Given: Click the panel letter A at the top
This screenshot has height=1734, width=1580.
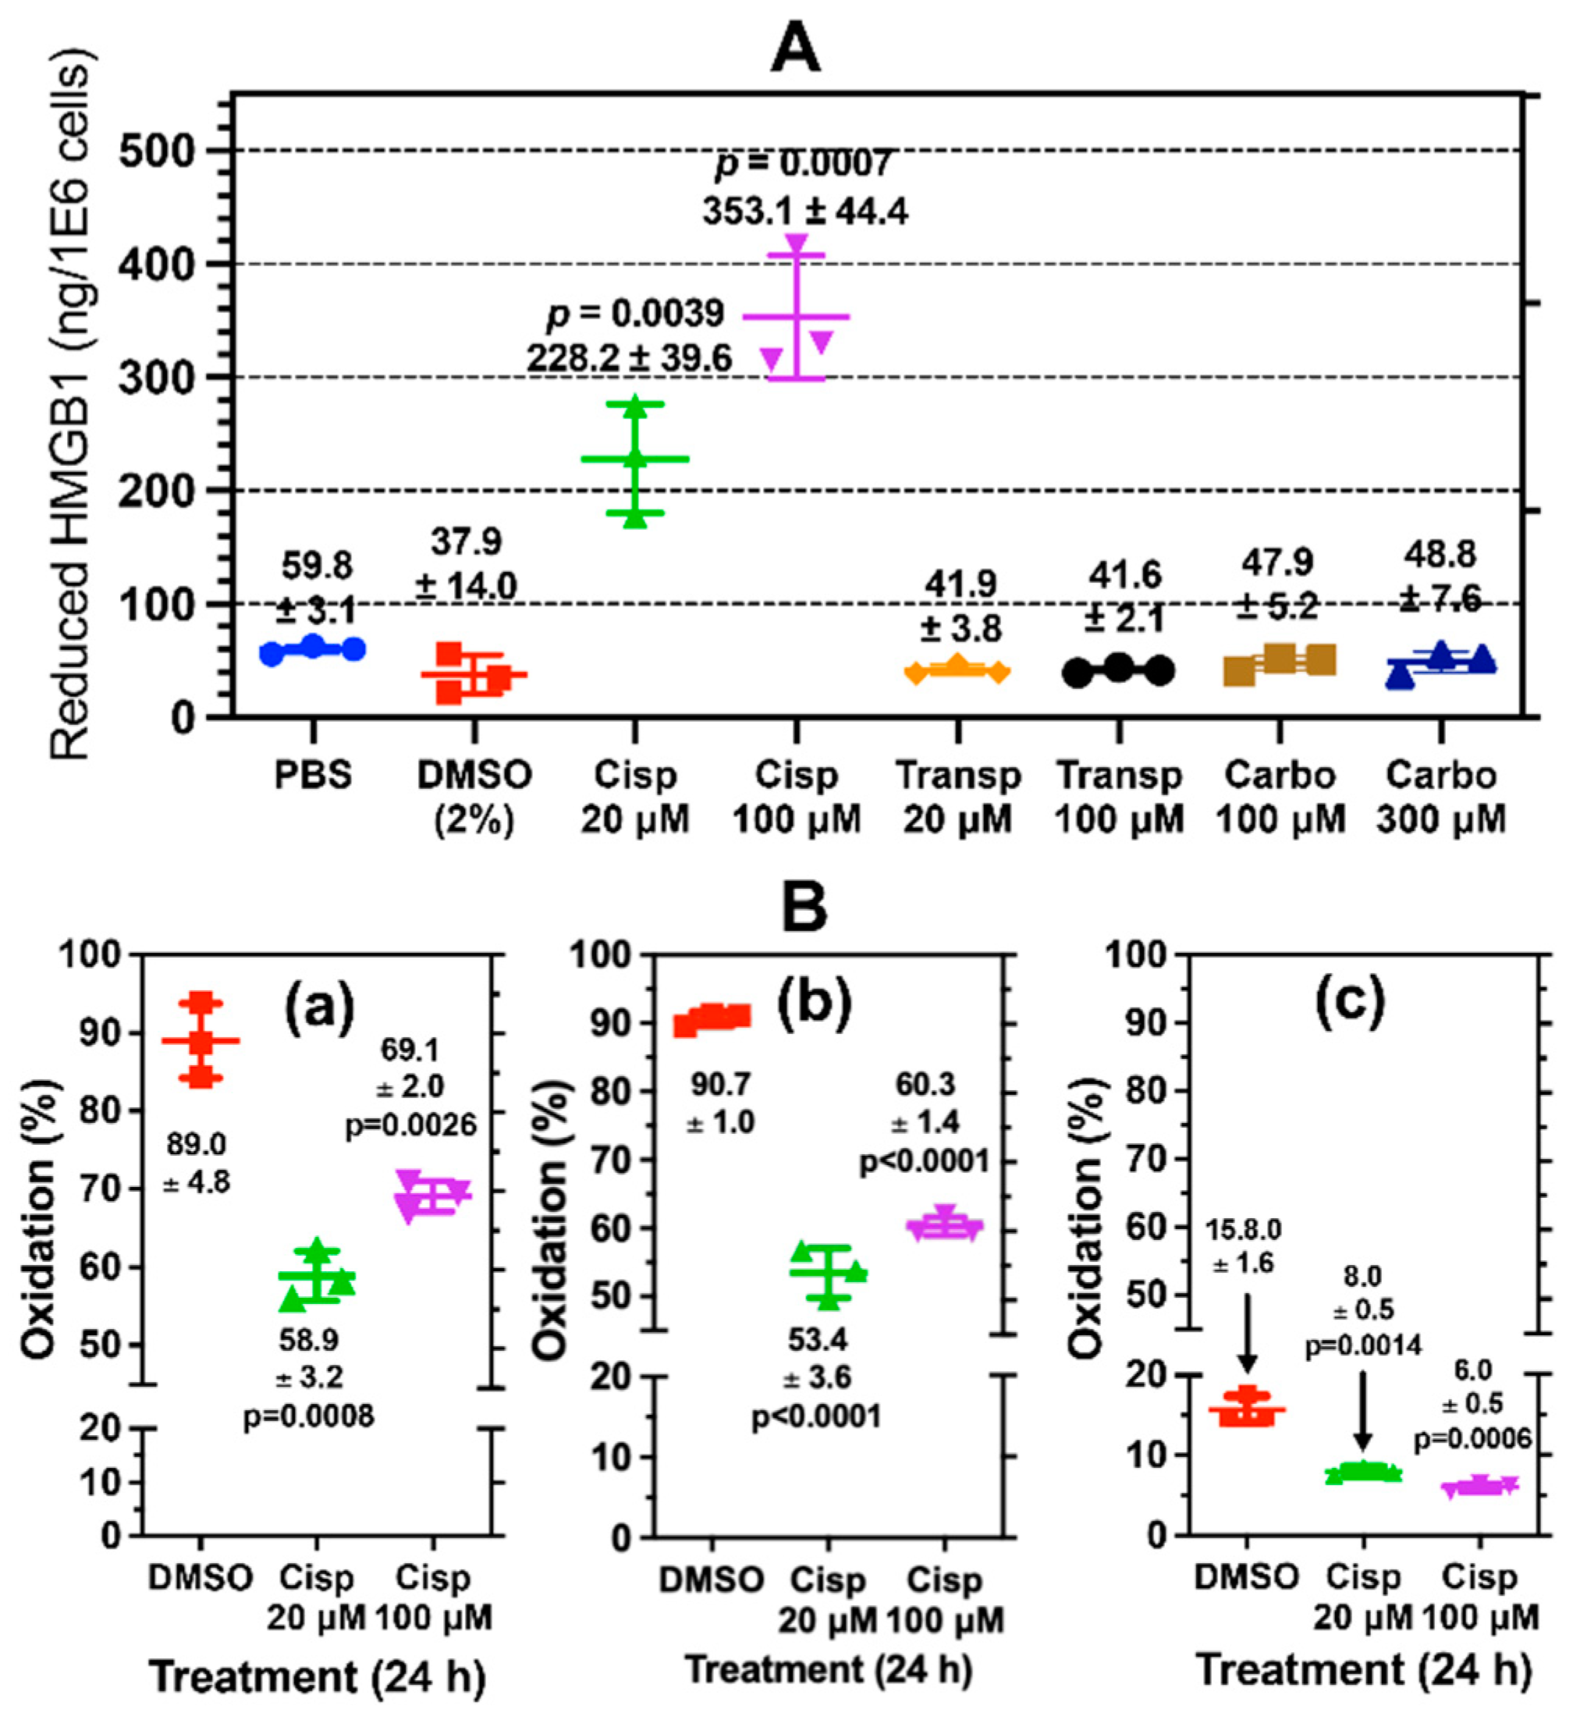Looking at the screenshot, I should (x=795, y=49).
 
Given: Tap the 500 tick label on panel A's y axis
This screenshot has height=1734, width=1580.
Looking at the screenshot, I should (x=158, y=151).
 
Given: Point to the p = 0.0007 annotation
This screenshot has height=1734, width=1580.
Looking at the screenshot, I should (x=804, y=163).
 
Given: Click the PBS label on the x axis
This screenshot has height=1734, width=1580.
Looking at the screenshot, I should (x=313, y=776).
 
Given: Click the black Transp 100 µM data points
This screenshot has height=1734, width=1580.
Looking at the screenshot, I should (x=1118, y=669).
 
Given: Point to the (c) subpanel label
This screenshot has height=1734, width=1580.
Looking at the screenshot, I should (x=1350, y=1000).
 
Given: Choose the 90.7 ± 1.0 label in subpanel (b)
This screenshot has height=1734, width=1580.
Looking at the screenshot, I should (x=721, y=1103).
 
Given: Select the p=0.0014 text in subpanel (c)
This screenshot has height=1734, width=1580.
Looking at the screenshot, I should (x=1364, y=1345).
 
